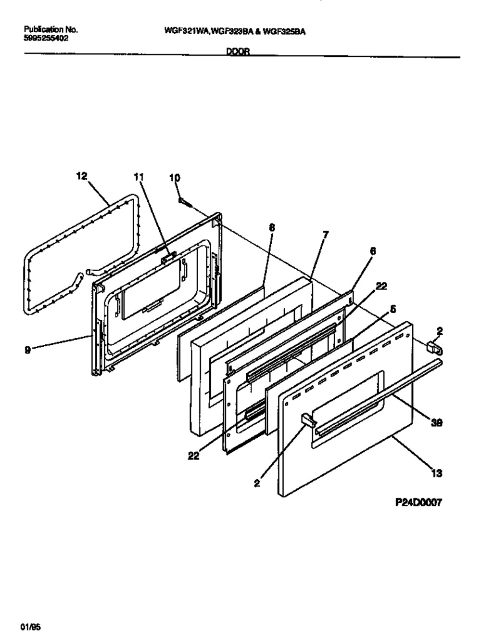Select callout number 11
pos(139,177)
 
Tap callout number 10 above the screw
pos(175,178)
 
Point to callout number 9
pos(28,351)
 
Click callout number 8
pos(272,229)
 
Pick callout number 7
pos(326,235)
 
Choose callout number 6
pos(373,251)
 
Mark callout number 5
pos(393,310)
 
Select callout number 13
pos(436,473)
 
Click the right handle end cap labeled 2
pos(434,347)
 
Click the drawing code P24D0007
pos(417,502)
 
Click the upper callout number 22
pos(380,286)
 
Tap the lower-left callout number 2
pos(257,484)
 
